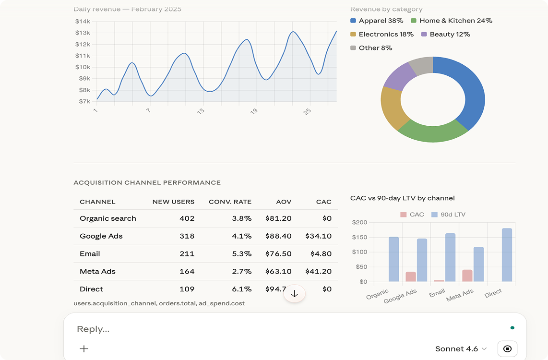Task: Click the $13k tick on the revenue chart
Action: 83,33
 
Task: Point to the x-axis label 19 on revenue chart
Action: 254,111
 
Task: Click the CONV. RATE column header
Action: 230,202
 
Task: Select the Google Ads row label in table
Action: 101,236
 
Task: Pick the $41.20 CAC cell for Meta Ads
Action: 318,271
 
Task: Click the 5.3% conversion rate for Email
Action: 241,253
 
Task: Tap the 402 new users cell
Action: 187,218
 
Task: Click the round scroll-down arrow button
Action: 295,294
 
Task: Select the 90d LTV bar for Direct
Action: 507,255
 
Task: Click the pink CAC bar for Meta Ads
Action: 467,276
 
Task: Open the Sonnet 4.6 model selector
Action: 461,349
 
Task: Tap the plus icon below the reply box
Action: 84,349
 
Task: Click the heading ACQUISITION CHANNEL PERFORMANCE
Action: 147,182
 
